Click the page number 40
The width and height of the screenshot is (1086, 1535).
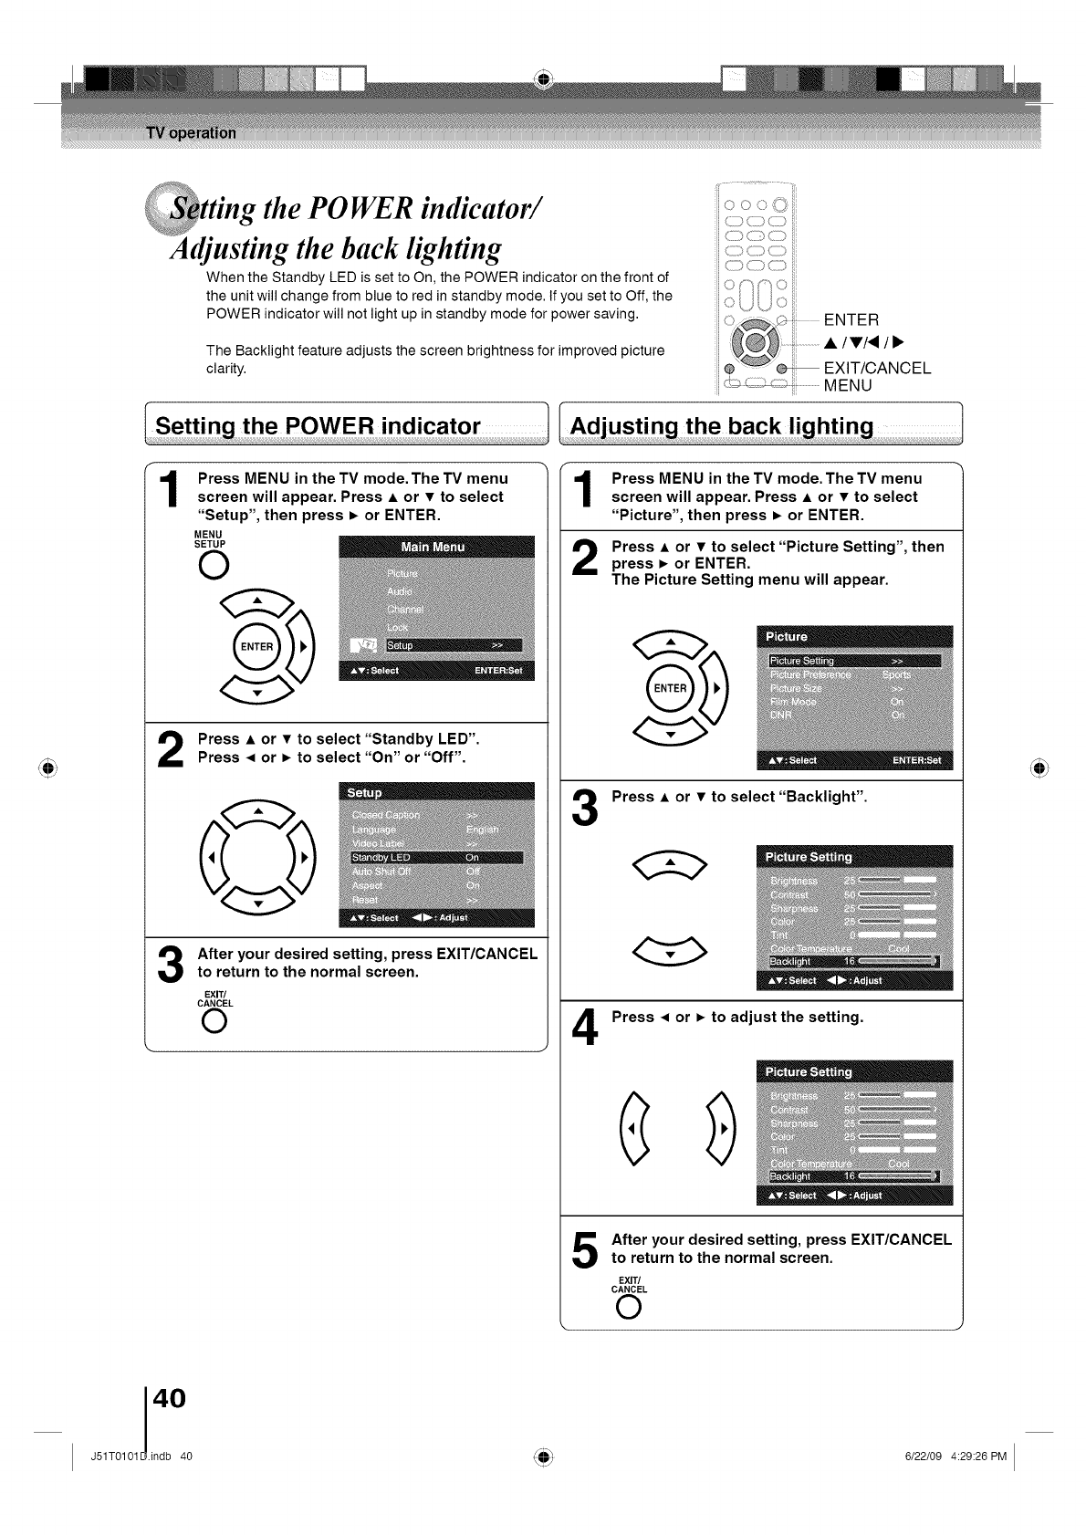[170, 1397]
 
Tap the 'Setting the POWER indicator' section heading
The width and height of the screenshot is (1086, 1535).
[318, 426]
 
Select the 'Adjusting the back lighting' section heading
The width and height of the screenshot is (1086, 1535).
[721, 426]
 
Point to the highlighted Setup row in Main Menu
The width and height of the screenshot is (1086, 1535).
[435, 645]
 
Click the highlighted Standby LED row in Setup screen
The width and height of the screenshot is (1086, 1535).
[435, 858]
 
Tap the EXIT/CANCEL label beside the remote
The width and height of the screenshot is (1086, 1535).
[877, 368]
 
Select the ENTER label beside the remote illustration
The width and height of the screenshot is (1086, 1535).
[851, 319]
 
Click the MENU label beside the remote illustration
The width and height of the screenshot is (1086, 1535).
[848, 385]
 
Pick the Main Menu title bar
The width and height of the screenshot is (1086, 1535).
[435, 547]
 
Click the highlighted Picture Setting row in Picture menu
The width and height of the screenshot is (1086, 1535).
[853, 661]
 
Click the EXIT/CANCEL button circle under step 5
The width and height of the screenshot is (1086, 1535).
[629, 1309]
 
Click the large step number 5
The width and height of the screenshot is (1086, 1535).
[585, 1249]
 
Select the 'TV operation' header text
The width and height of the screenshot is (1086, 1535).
[191, 132]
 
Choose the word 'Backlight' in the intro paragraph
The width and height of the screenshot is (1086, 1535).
[266, 350]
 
